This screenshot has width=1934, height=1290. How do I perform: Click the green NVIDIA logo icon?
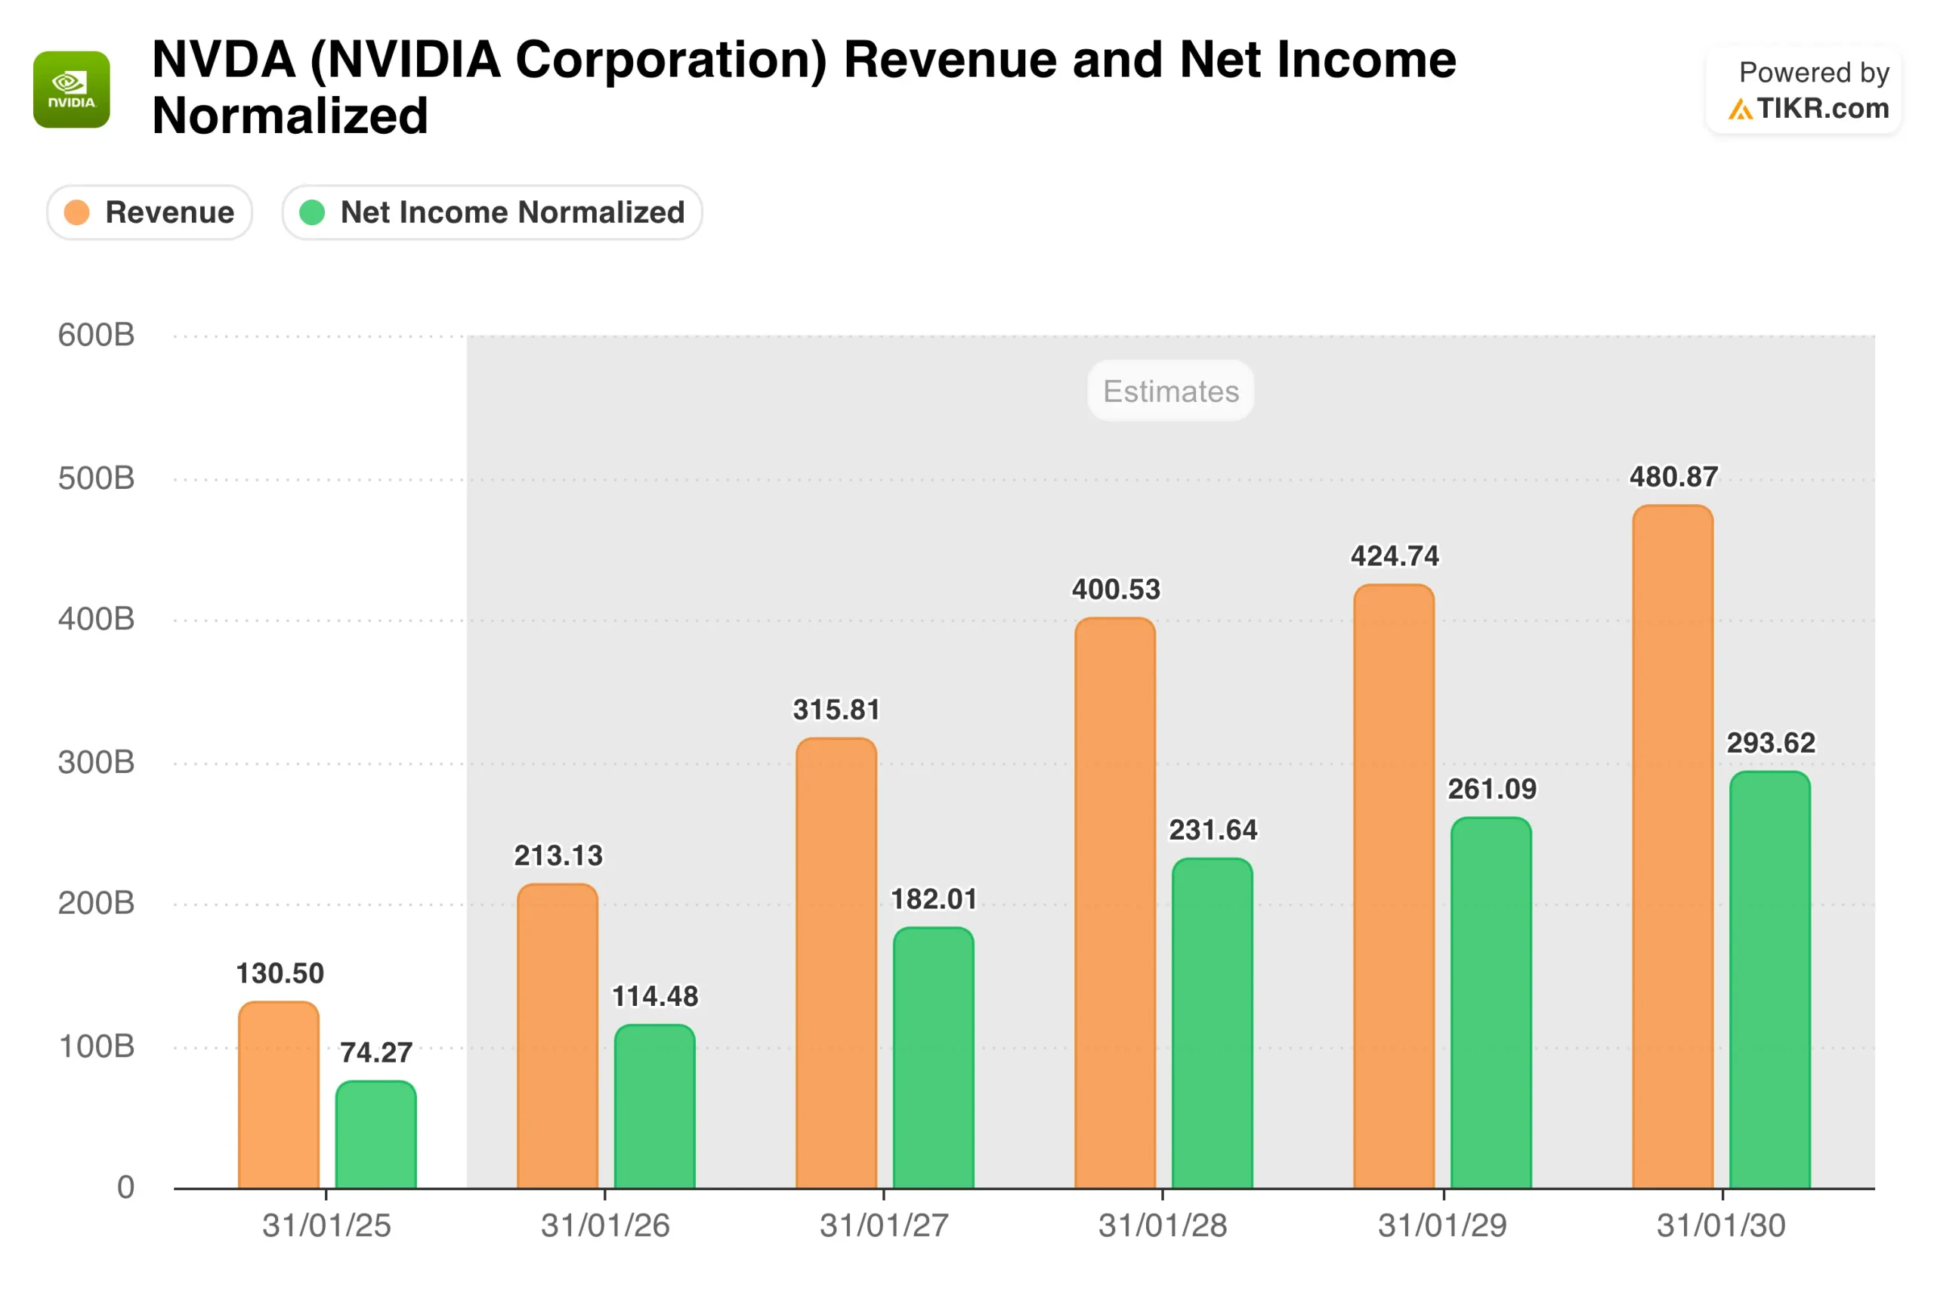(72, 90)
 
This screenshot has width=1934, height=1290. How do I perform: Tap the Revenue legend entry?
(150, 212)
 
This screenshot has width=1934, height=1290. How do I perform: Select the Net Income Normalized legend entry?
(492, 212)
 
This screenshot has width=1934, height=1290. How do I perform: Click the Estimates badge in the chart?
(1170, 391)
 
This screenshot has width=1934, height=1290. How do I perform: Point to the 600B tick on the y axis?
(96, 335)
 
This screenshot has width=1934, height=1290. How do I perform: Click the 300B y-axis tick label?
(96, 762)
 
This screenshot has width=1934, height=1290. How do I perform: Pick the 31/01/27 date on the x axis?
(884, 1226)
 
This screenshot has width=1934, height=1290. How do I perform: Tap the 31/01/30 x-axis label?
(1721, 1226)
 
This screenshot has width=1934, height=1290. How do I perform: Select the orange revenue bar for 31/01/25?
(279, 1094)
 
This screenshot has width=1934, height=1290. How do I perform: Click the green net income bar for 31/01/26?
(654, 1106)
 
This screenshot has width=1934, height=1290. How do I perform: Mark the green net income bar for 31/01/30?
(1769, 979)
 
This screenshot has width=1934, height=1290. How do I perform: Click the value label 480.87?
(1673, 477)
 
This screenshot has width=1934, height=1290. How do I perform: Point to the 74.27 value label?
(375, 1052)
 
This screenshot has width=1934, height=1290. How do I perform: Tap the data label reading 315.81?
(836, 709)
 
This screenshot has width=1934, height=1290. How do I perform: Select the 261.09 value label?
(1491, 789)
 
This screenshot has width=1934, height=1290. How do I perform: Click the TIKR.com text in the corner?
(1822, 109)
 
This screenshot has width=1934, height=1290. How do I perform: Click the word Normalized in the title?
(290, 116)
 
